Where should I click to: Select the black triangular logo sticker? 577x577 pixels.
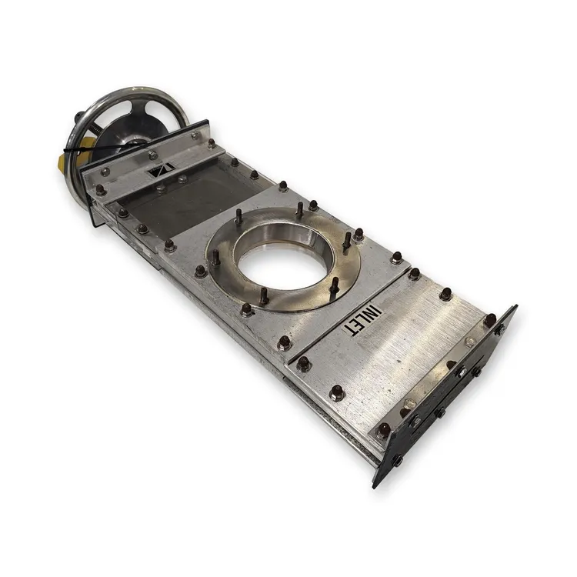[160, 171]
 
